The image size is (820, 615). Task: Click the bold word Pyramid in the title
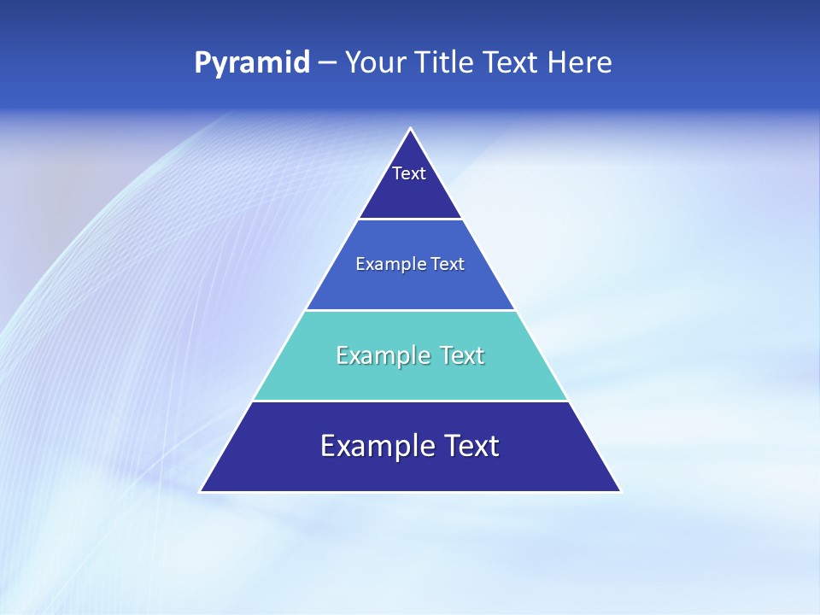252,63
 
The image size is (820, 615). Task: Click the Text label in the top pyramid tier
409,173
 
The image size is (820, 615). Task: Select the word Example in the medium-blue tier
386,264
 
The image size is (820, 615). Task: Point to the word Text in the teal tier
454,355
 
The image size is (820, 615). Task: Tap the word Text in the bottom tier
466,446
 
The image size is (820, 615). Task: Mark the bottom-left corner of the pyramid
202,491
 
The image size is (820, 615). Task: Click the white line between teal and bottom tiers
410,401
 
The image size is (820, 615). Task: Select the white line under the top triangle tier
410,219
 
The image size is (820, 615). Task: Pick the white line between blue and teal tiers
410,310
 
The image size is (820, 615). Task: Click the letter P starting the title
202,62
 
